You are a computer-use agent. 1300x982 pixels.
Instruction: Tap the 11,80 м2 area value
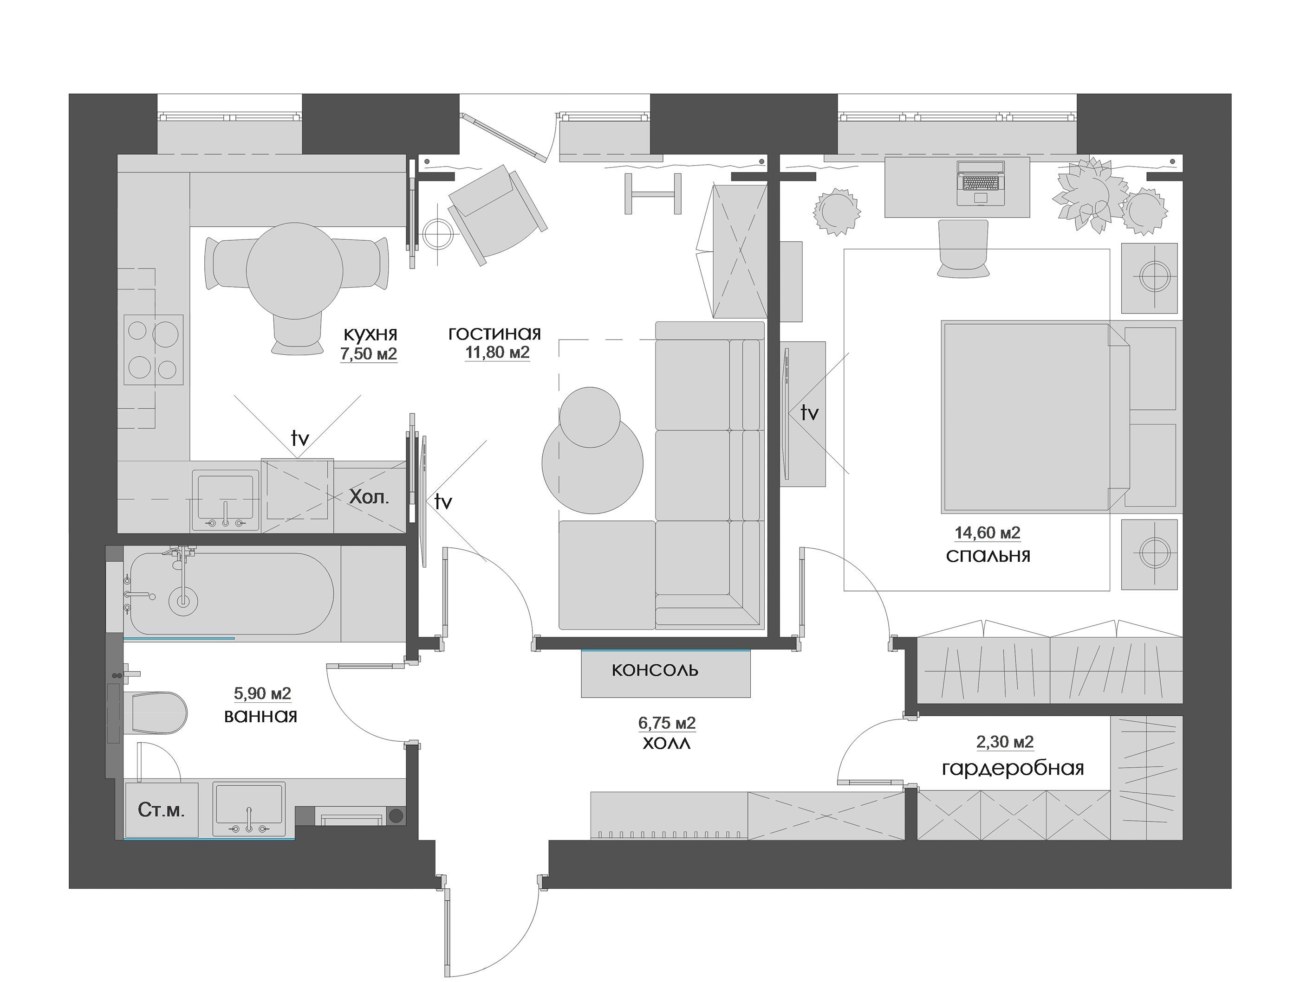pos(497,353)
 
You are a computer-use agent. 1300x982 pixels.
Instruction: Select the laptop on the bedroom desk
pos(980,183)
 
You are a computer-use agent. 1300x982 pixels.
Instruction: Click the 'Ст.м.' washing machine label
pos(161,810)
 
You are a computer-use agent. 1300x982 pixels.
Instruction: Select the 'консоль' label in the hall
pos(655,670)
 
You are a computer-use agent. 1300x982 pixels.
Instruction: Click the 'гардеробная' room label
pos(1013,769)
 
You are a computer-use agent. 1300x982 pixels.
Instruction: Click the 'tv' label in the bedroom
pos(810,413)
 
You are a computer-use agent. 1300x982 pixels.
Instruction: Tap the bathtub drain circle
pos(183,600)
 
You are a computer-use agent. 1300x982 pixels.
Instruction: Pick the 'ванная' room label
pos(260,717)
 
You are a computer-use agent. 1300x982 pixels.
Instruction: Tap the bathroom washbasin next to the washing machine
pos(249,809)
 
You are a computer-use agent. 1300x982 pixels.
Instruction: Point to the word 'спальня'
pos(988,556)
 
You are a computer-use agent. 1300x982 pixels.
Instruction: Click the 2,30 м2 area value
pos(1005,742)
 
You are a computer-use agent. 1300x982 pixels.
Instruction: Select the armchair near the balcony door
pos(497,214)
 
